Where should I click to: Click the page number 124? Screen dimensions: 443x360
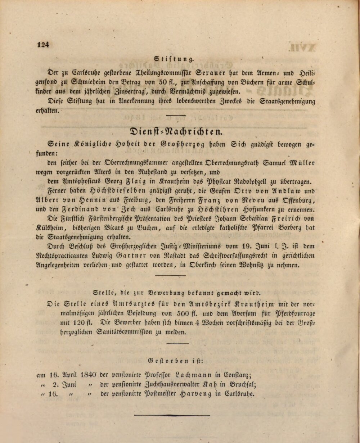tap(42, 45)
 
